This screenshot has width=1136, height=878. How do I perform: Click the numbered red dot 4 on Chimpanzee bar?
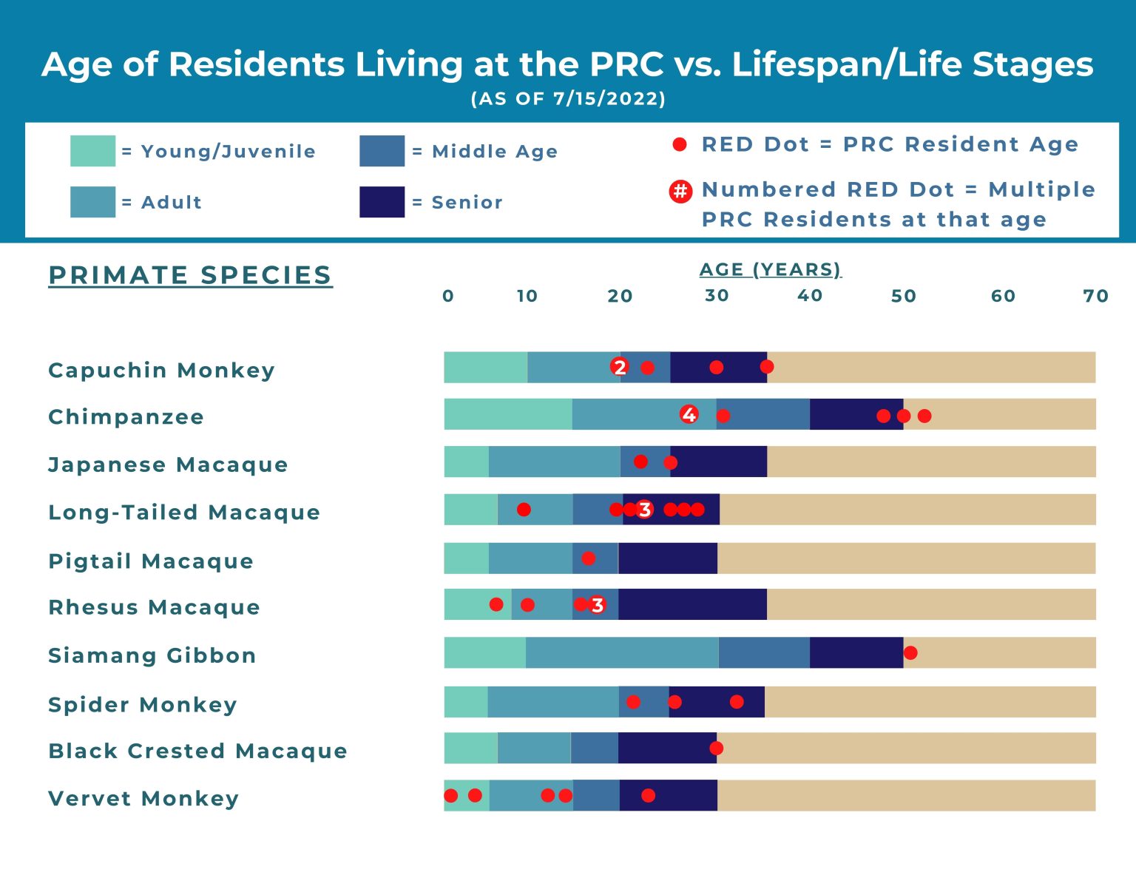tap(689, 414)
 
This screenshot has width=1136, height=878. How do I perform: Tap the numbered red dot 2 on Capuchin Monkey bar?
tap(620, 367)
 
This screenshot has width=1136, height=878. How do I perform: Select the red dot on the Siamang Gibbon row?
tap(910, 652)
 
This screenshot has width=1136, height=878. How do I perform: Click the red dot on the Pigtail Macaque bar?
tap(588, 558)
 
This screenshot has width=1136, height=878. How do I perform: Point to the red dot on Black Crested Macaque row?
tap(716, 748)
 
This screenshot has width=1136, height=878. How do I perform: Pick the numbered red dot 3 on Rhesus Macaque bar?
tap(597, 605)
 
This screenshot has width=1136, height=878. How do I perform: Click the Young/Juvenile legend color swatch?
tap(92, 151)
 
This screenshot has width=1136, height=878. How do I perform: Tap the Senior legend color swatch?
tap(382, 202)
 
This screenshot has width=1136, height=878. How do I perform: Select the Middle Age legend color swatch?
tap(382, 151)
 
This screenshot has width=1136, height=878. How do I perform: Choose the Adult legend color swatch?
tap(92, 202)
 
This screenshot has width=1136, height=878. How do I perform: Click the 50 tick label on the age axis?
tap(903, 296)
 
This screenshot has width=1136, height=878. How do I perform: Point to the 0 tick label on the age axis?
tap(448, 296)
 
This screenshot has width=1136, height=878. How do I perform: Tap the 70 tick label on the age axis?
tap(1095, 296)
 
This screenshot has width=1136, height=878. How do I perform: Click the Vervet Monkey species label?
tap(143, 798)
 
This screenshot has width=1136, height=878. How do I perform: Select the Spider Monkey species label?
tap(143, 704)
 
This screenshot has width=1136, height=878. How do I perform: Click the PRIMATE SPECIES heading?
tap(190, 275)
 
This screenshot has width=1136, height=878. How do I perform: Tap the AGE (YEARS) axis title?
tap(770, 269)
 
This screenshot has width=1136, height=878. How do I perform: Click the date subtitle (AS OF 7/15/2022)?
tap(568, 98)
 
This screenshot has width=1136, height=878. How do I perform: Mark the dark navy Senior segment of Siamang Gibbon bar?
tap(856, 652)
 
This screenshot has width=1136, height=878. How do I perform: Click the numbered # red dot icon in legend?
tap(680, 192)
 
